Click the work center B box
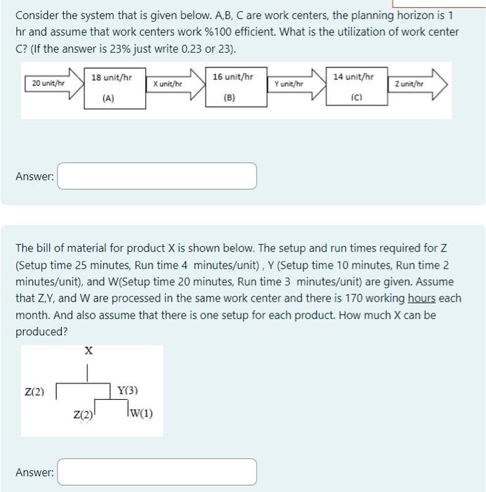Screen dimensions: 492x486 [x=229, y=87]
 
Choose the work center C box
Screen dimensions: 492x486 [x=353, y=87]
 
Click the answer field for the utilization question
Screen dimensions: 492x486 [x=157, y=176]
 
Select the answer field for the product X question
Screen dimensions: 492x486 [x=157, y=472]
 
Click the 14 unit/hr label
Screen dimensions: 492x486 [x=353, y=76]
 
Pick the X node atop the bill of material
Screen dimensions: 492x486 [x=88, y=350]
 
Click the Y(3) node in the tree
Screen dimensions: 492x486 [x=127, y=391]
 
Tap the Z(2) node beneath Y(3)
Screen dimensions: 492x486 [x=82, y=415]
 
